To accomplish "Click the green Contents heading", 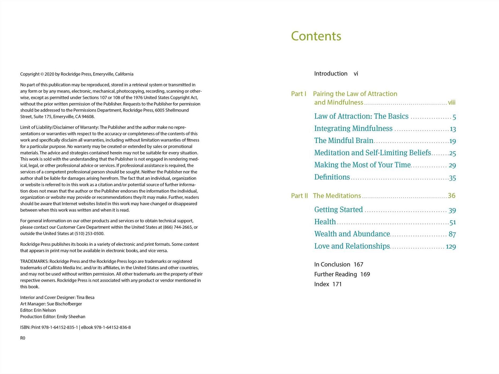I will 316,36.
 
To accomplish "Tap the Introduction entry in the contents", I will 330,74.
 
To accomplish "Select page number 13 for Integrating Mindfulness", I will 453,129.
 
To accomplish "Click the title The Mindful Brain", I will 344,141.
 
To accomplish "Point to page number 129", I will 451,246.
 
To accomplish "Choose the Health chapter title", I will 325,222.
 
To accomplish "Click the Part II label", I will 299,196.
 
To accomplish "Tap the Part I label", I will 299,94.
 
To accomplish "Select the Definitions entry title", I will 332,177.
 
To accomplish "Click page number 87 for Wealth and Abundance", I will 452,234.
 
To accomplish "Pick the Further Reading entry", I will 336,274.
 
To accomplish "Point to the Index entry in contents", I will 322,284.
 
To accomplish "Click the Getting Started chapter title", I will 338,210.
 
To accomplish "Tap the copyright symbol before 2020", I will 42,74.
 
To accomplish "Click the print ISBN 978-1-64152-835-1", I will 59,327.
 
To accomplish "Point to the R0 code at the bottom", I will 23,338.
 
